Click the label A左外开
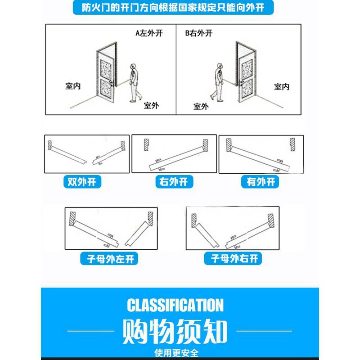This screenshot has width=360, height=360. coord(148,33)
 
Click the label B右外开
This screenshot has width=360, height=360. coord(198,33)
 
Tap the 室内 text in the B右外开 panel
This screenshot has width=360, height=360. coord(282,86)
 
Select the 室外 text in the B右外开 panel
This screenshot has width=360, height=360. coord(201,106)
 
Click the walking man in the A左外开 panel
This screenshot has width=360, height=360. coord(134,82)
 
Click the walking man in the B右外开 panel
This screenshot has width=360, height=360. coord(218,82)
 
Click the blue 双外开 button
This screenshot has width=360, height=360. coord(82,182)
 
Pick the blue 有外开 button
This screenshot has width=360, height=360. coord(260,182)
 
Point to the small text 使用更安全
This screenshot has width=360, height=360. coord(175,352)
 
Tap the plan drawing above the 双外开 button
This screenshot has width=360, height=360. coord(87,154)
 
